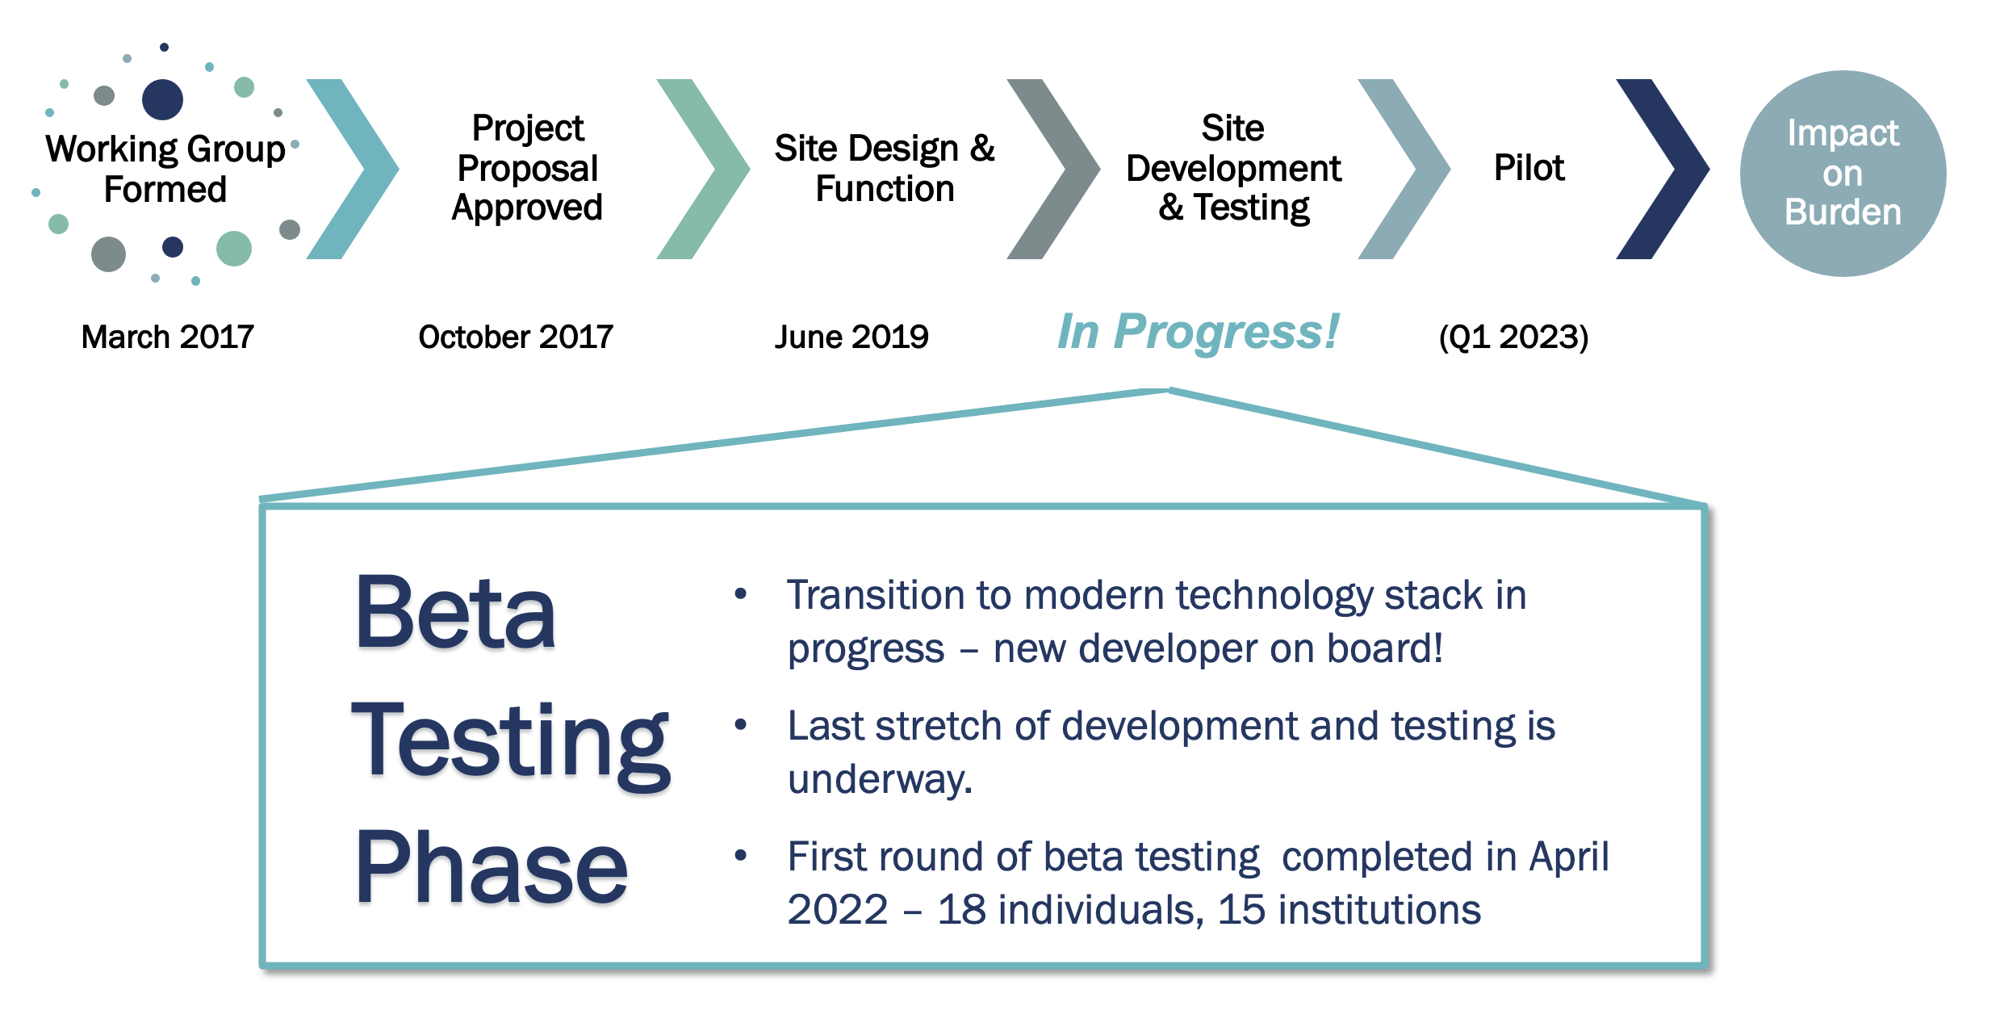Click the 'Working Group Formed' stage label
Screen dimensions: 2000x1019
tap(165, 169)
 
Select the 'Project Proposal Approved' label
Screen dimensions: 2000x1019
tap(527, 168)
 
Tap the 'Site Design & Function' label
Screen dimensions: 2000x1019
tap(885, 168)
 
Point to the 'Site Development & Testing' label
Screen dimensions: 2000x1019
tap(1233, 168)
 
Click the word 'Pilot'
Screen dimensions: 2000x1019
tap(1529, 168)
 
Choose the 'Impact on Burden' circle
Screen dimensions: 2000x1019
tap(1843, 173)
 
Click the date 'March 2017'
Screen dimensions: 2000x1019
tap(168, 337)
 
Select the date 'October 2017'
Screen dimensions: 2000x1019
tap(516, 337)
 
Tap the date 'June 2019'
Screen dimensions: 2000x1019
tap(851, 337)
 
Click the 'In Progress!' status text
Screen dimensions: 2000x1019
tap(1198, 331)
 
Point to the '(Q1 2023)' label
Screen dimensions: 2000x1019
tap(1513, 337)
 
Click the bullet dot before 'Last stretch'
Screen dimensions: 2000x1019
tap(740, 724)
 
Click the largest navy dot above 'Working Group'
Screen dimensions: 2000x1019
tap(162, 99)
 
